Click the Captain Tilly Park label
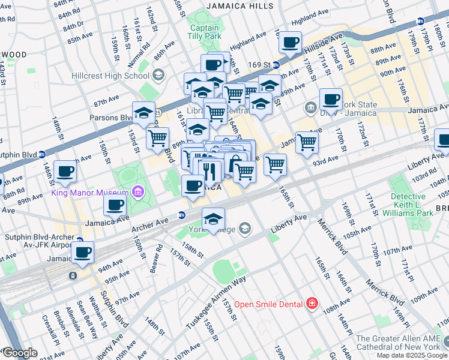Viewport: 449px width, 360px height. point(205,32)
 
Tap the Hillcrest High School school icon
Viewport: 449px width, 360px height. point(158,75)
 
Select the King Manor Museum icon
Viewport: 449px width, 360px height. point(137,192)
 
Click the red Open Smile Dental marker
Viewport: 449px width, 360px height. point(312,304)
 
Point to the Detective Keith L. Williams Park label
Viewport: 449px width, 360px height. point(411,205)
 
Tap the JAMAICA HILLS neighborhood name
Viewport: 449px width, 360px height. point(240,6)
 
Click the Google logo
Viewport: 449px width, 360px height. point(19,353)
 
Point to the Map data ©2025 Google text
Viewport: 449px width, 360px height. point(411,355)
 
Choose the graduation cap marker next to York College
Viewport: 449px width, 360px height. point(213,218)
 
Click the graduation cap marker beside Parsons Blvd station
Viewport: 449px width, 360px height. point(143,113)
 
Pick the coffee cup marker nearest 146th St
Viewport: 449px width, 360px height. point(65,171)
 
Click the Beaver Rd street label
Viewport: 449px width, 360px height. point(157,257)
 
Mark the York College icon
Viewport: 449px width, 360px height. point(244,228)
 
